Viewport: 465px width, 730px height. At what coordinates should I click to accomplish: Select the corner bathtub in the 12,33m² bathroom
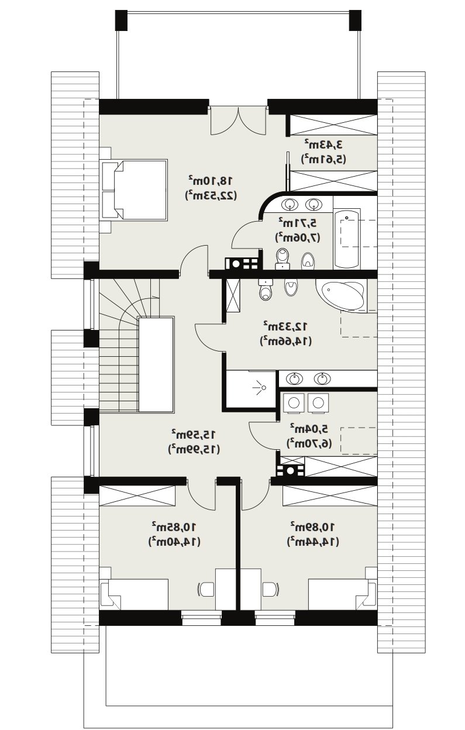point(342,295)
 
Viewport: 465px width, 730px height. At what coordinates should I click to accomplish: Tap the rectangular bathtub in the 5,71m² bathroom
point(346,239)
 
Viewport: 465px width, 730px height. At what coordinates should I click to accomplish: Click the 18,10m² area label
point(211,180)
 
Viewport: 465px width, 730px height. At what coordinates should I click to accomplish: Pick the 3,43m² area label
point(324,144)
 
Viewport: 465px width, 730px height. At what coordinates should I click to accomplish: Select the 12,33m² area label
point(285,326)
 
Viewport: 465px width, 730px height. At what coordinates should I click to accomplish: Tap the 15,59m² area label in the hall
point(194,434)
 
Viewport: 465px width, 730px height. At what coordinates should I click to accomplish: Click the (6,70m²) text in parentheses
point(309,443)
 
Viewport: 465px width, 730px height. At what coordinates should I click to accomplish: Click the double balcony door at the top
point(238,120)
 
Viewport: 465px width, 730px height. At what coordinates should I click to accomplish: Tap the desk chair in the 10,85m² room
point(206,589)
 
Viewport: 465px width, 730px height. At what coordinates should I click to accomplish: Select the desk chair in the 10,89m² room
point(271,589)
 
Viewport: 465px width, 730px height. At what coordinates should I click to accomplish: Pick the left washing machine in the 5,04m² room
point(294,403)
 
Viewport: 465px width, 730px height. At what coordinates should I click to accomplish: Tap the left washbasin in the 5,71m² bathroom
point(290,205)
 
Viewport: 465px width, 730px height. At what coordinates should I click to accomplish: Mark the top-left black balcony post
point(121,20)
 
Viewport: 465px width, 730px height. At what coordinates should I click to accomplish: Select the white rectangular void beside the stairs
point(156,365)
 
